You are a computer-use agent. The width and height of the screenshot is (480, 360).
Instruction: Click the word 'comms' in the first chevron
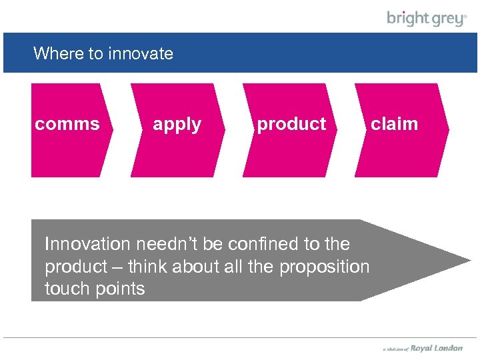(67, 124)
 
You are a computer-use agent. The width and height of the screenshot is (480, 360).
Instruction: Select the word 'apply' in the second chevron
(177, 125)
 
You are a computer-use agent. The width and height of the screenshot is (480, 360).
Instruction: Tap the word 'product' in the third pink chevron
(291, 125)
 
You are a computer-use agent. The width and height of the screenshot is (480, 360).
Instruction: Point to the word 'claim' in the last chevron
(394, 124)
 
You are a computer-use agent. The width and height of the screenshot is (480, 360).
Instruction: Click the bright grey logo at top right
(427, 19)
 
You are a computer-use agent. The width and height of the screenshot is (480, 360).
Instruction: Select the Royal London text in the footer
(436, 348)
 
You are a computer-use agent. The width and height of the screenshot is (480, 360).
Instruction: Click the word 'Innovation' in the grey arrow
(87, 244)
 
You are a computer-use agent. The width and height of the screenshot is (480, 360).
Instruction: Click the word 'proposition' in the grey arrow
(324, 267)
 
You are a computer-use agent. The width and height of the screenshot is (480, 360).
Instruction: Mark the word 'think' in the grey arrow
(147, 267)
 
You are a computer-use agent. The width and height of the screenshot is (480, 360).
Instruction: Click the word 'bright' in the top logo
(407, 18)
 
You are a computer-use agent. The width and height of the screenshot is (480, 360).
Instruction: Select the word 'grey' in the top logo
(446, 19)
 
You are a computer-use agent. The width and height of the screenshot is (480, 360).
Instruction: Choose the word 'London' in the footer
(448, 348)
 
